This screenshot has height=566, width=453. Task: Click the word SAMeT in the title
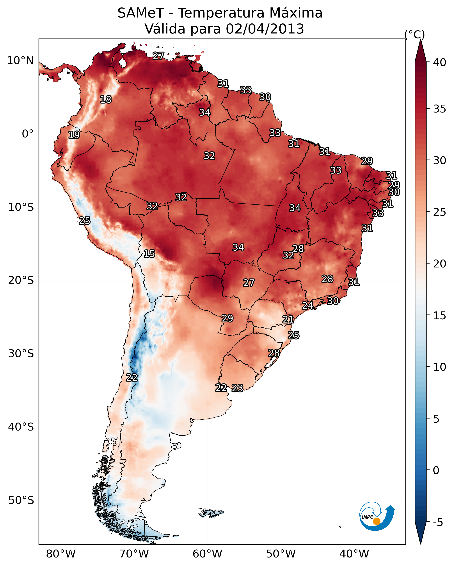click(x=141, y=13)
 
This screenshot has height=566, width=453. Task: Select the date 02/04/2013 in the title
click(x=265, y=29)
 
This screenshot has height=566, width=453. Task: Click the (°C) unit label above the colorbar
click(x=415, y=34)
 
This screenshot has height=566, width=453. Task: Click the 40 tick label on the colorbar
click(x=440, y=62)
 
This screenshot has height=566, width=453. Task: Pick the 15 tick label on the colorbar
click(x=440, y=316)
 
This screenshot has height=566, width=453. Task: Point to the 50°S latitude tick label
click(x=21, y=500)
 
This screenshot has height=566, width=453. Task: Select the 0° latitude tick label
click(x=28, y=134)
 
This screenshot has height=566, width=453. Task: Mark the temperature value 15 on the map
click(x=149, y=254)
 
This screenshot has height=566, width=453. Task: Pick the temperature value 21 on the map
click(x=288, y=319)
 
